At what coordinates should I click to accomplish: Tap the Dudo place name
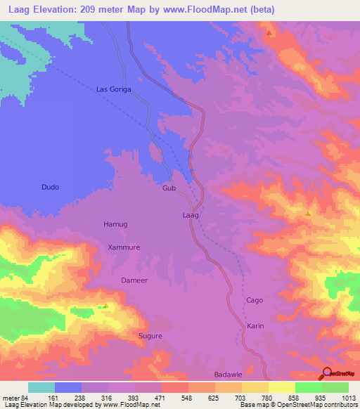(50, 188)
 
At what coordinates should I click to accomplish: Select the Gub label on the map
(169, 189)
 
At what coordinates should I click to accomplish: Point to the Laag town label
(191, 214)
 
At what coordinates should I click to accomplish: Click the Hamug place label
(115, 224)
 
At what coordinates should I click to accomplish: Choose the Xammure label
(124, 247)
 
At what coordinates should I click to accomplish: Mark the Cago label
(254, 301)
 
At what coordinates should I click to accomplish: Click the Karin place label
(255, 326)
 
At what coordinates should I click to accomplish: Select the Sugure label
(150, 336)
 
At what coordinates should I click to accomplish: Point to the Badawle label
(228, 375)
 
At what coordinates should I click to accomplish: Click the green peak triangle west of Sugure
(105, 306)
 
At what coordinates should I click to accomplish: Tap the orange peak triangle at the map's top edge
(269, 32)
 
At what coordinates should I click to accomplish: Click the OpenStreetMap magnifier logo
(327, 374)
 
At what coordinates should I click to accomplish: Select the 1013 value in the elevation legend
(349, 398)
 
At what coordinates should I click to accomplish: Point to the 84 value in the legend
(27, 398)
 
